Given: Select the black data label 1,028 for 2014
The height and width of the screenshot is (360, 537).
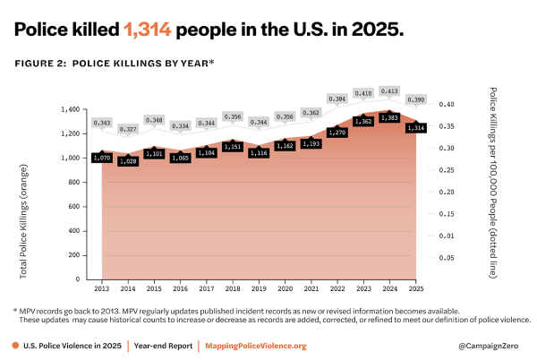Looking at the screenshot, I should (x=129, y=161).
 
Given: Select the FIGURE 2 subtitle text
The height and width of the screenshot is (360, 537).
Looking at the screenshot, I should (x=113, y=64).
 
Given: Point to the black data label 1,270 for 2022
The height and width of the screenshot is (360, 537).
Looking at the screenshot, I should (x=337, y=133).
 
